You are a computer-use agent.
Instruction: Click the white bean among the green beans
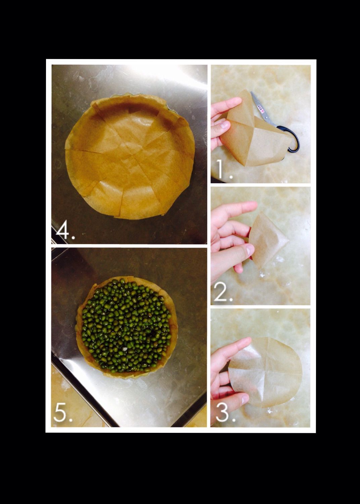(x=125, y=349)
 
